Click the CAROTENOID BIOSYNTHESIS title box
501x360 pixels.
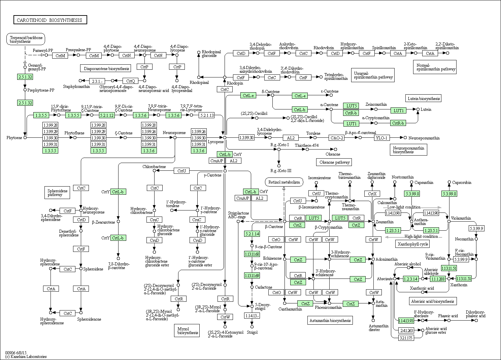50,20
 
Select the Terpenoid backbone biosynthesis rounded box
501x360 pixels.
26,39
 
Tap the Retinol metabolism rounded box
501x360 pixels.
284,182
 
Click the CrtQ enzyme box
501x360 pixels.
130,81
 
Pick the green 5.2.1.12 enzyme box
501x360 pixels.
107,115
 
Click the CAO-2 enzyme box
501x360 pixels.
337,138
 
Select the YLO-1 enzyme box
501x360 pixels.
382,138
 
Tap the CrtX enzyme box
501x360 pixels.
372,194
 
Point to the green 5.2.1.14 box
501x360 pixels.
252,234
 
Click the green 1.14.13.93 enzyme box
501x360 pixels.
406,320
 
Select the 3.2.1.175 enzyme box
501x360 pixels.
406,338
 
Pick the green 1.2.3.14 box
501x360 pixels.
411,279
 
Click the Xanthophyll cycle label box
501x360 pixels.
413,244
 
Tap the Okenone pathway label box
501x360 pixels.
334,162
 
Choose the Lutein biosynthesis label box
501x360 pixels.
423,98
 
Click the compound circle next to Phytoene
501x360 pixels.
25,138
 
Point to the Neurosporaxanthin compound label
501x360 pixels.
424,138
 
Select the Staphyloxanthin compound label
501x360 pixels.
76,87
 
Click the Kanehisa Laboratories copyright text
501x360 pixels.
26,356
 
